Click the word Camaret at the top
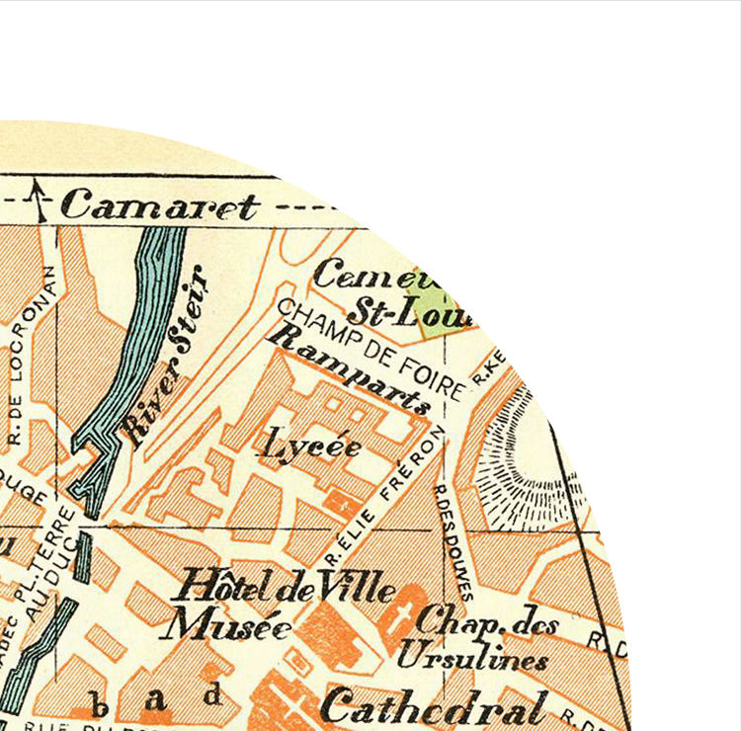[x=159, y=206]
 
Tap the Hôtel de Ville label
[x=284, y=589]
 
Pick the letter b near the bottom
[x=99, y=704]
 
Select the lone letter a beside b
[x=157, y=700]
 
